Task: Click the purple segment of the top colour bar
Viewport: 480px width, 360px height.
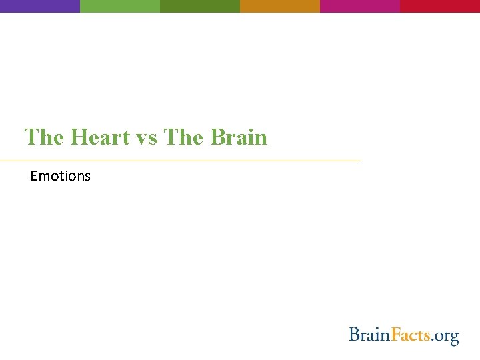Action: [40, 6]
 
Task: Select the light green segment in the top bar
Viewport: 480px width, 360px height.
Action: [120, 6]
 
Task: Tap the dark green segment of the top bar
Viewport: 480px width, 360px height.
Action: [200, 6]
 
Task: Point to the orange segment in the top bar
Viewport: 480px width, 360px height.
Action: [280, 6]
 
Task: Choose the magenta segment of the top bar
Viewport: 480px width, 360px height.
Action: [360, 6]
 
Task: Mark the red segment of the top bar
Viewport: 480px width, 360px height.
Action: [440, 6]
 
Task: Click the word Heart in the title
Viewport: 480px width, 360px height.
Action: [100, 137]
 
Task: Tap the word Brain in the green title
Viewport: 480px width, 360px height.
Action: [238, 137]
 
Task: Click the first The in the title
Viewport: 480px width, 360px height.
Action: [44, 137]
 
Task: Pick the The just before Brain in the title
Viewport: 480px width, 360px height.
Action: [185, 137]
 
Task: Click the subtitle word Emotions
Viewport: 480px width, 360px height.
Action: [60, 176]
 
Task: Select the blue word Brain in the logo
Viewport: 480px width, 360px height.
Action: [368, 334]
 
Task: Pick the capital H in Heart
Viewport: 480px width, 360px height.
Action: [79, 137]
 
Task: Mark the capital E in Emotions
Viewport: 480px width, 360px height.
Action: [34, 176]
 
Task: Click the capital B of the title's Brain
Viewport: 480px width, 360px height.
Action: [217, 137]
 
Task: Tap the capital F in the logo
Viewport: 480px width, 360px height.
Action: [395, 334]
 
